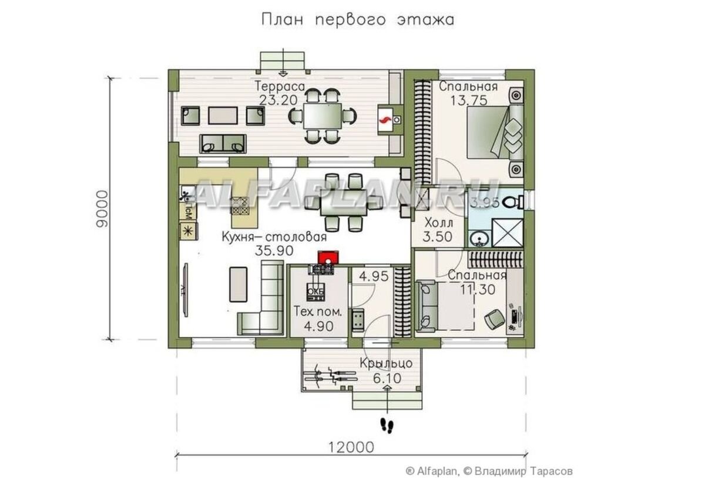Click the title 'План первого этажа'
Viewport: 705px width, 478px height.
coord(357,20)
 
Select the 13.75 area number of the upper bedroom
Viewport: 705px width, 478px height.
coord(468,100)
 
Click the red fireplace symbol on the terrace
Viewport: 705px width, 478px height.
coord(386,120)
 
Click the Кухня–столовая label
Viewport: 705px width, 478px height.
coord(274,238)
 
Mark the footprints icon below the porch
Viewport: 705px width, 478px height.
coord(387,425)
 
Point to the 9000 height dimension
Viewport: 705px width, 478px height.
coord(102,209)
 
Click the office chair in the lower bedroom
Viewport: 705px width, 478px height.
coord(492,319)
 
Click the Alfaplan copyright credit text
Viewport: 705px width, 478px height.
coord(488,470)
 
